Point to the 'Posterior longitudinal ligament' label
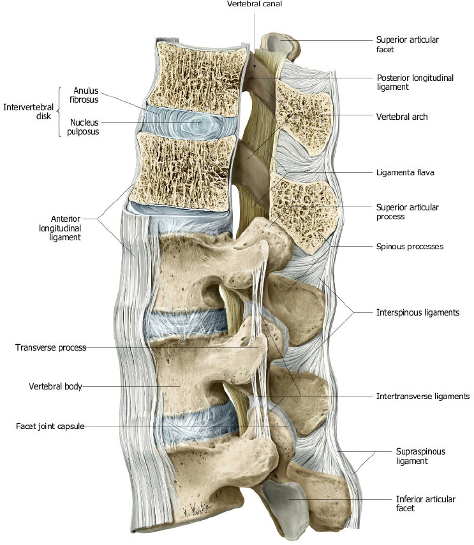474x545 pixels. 415,82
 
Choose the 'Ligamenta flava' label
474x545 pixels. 405,172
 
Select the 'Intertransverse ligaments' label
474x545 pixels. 423,396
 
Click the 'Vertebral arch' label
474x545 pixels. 402,117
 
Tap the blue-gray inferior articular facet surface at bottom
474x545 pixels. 281,504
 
